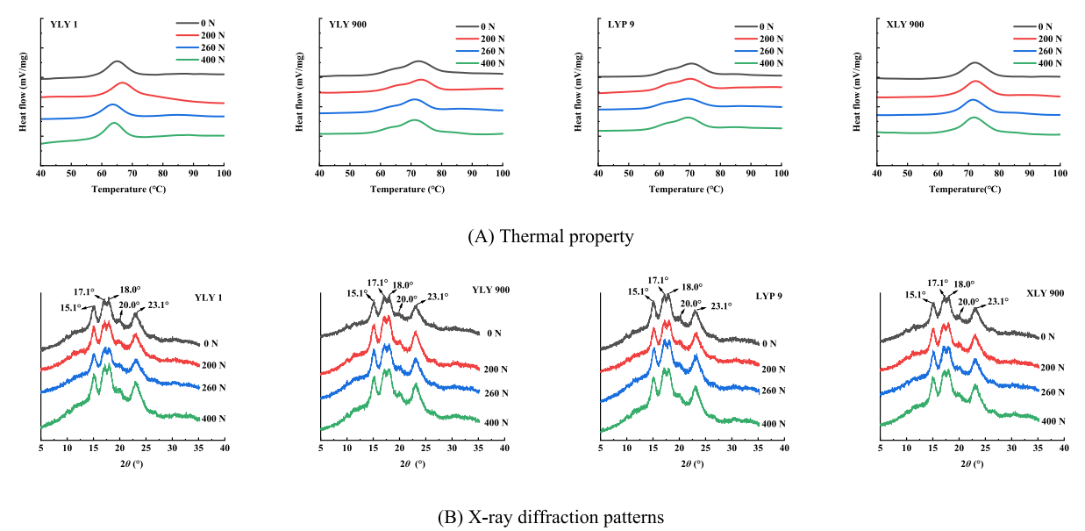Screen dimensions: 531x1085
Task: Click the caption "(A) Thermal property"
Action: (550, 235)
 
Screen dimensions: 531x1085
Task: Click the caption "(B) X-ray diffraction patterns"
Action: (550, 518)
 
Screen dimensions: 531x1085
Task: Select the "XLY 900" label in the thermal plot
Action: (906, 24)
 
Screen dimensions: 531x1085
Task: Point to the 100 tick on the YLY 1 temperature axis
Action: (224, 176)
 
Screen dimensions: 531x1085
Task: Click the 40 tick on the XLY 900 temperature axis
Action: (877, 176)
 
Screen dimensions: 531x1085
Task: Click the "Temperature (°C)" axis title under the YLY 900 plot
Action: (410, 190)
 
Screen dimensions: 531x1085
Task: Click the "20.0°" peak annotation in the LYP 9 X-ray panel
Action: (691, 305)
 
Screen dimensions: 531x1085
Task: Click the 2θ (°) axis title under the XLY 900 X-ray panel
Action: (970, 463)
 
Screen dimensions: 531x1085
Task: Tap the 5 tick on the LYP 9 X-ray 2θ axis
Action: (600, 448)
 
